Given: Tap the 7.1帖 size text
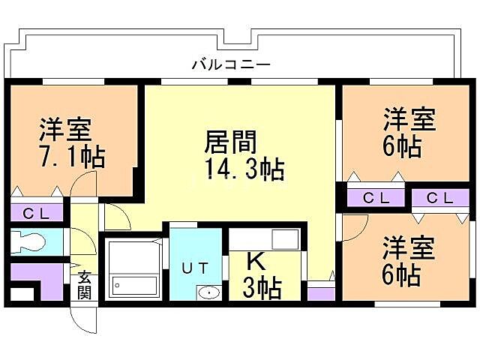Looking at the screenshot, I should [x=71, y=157].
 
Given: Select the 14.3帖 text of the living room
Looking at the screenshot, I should [x=244, y=169].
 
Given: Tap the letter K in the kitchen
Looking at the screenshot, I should [x=256, y=262].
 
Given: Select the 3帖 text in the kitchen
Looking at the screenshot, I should [x=262, y=287].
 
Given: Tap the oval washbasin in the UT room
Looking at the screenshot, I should [x=209, y=293].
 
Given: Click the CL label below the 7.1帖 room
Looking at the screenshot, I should [x=35, y=213].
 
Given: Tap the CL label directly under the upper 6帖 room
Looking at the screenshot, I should [x=376, y=198].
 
